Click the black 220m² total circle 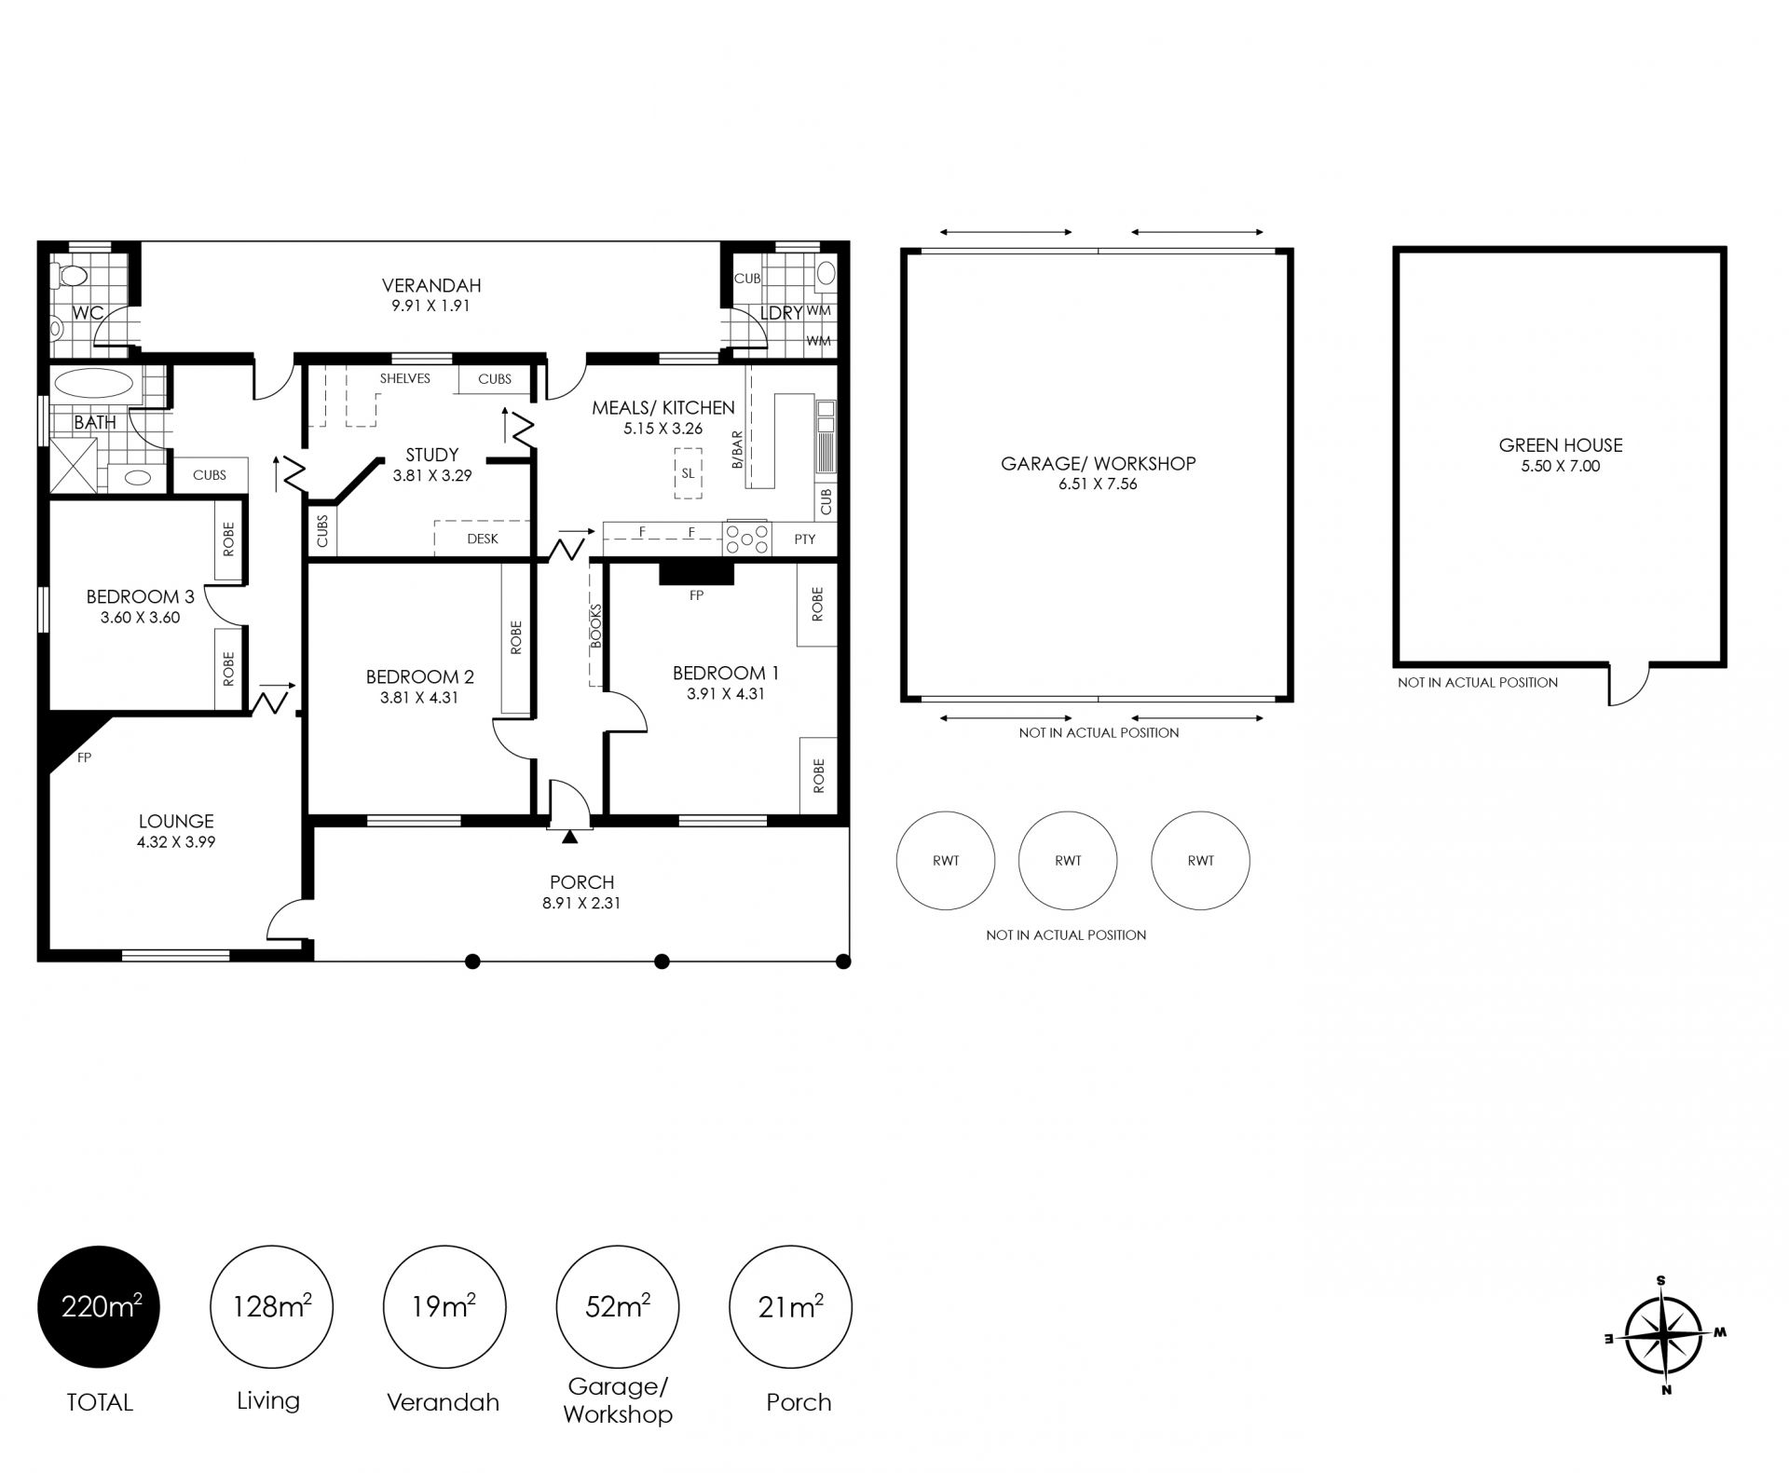pyautogui.click(x=99, y=1307)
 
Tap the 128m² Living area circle pyautogui.click(x=271, y=1307)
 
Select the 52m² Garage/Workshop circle pyautogui.click(x=617, y=1307)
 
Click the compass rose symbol pyautogui.click(x=1663, y=1334)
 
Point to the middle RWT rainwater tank pyautogui.click(x=1068, y=860)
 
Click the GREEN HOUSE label pyautogui.click(x=1561, y=445)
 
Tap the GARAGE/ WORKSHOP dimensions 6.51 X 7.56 pyautogui.click(x=1098, y=484)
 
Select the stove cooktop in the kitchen pyautogui.click(x=747, y=539)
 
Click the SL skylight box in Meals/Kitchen pyautogui.click(x=688, y=473)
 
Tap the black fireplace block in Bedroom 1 pyautogui.click(x=696, y=573)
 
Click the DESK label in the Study pyautogui.click(x=483, y=539)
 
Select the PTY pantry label pyautogui.click(x=805, y=539)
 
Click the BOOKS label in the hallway pyautogui.click(x=596, y=625)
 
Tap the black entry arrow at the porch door pyautogui.click(x=570, y=838)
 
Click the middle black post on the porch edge pyautogui.click(x=662, y=962)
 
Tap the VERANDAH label pyautogui.click(x=431, y=286)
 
